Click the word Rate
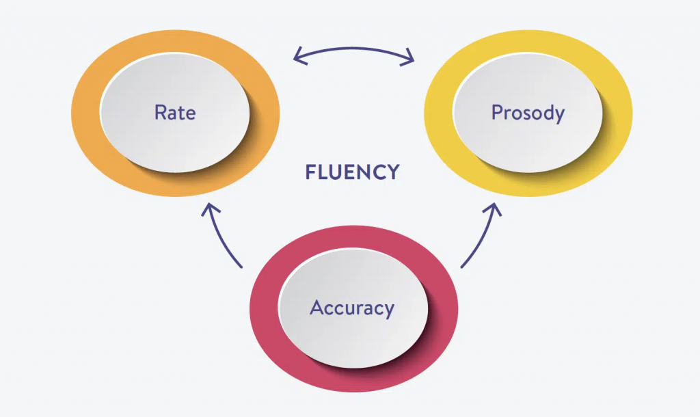click(x=175, y=112)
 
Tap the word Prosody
click(x=528, y=112)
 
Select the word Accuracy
click(x=352, y=308)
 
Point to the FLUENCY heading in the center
click(x=352, y=172)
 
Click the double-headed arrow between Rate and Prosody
click(x=353, y=50)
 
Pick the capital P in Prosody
click(x=497, y=112)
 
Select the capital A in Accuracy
click(x=317, y=308)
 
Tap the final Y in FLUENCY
click(x=392, y=172)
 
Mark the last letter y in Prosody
click(x=558, y=115)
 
